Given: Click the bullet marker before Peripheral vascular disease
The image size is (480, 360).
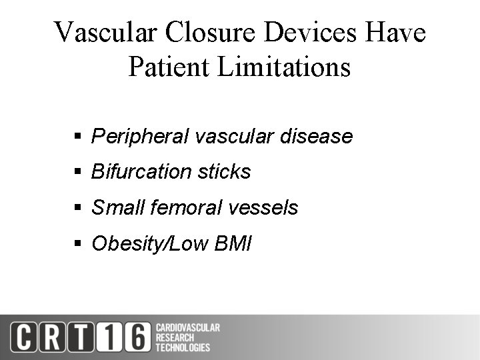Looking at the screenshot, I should pos(77,137).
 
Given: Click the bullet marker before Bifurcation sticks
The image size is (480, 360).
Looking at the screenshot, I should pos(77,172).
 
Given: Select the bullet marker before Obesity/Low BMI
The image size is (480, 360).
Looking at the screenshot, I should pos(77,243).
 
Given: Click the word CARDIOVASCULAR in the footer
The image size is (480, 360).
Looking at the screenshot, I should pos(187,327).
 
